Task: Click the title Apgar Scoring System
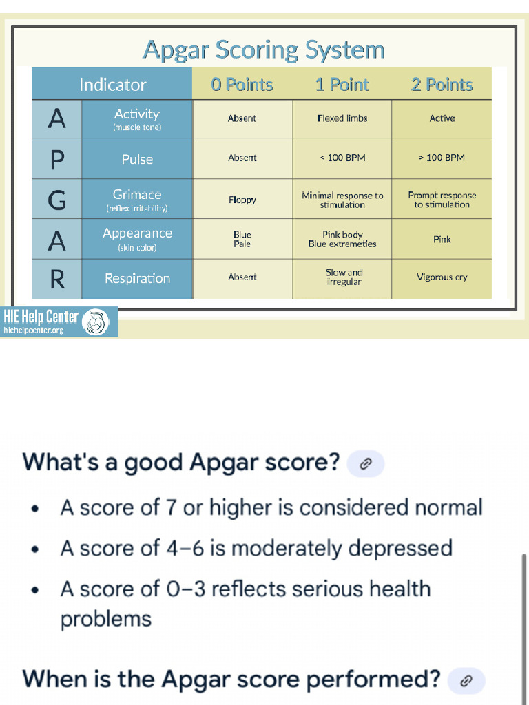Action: coord(264,50)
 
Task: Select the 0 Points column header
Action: coord(242,85)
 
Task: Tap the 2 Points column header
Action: coord(442,85)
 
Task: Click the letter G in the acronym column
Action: coord(57,200)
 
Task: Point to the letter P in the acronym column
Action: coord(57,159)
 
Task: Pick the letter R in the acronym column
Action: coord(57,279)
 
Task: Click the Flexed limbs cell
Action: coord(342,118)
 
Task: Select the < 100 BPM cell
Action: coord(342,158)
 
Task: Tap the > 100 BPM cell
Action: coord(442,158)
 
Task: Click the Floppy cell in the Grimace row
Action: coord(242,200)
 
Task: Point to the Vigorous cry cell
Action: coord(442,277)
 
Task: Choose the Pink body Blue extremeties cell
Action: coord(342,240)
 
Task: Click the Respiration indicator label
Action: coord(137,279)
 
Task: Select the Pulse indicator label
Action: coord(137,159)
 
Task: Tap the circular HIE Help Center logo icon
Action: coord(96,322)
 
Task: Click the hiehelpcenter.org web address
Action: coord(33,330)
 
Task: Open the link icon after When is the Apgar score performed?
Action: coord(466,681)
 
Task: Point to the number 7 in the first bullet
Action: coord(172,508)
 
